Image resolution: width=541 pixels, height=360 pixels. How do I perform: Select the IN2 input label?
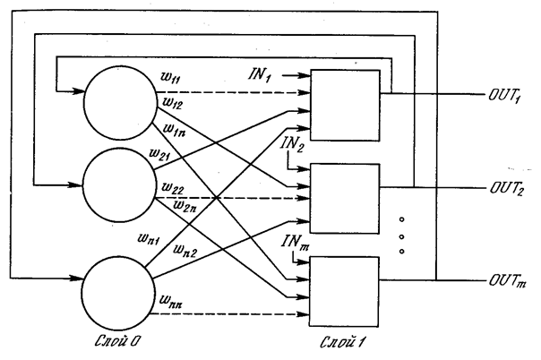click(289, 146)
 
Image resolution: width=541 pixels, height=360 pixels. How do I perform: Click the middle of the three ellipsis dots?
click(401, 236)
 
